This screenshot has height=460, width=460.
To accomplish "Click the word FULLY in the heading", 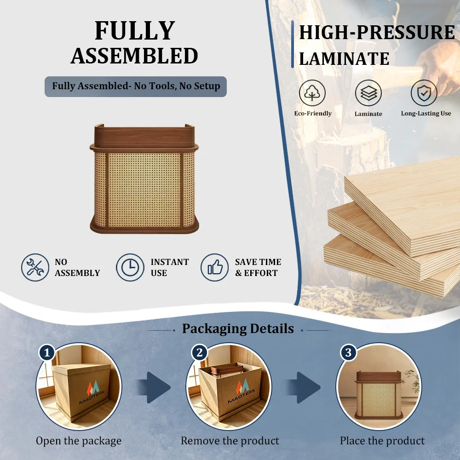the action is click(135, 30).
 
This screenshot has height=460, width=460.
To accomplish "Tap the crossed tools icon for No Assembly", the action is click(35, 268).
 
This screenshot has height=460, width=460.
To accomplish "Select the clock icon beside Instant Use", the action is click(130, 268).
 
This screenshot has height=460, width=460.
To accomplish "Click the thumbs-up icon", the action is click(215, 268).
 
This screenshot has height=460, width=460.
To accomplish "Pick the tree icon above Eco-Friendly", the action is click(312, 93).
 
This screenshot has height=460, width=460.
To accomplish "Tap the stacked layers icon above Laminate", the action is click(368, 93).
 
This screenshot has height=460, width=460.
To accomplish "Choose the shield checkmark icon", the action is click(424, 93).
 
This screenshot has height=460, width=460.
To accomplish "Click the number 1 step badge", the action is click(47, 352).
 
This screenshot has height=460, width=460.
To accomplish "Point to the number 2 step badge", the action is click(200, 352).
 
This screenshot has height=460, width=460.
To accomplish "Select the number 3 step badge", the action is click(348, 352).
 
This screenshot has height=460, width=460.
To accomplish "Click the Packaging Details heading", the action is click(238, 329).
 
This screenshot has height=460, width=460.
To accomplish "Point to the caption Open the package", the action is click(79, 441).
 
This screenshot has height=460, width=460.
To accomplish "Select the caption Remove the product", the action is click(230, 441).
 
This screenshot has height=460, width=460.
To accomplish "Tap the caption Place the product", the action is click(382, 441).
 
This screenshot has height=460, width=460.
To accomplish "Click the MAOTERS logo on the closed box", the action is click(92, 392).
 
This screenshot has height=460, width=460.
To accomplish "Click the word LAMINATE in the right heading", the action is click(344, 59).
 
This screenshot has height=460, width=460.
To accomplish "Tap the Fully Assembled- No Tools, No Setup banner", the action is click(136, 86).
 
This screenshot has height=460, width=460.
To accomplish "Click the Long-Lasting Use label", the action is click(426, 114).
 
